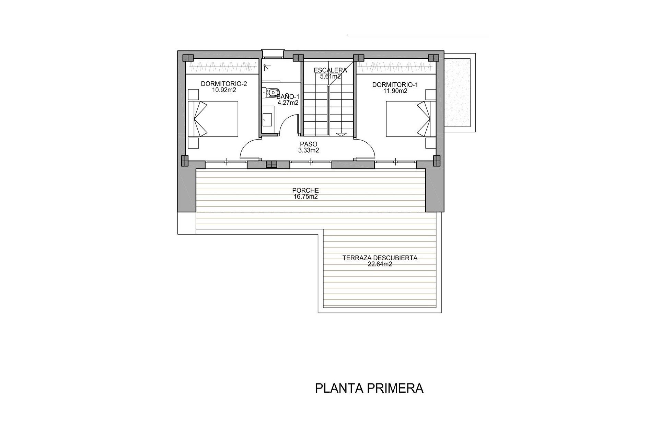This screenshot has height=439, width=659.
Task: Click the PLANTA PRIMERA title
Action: pyautogui.click(x=369, y=389)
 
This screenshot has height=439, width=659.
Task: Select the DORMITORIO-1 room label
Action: pyautogui.click(x=395, y=85)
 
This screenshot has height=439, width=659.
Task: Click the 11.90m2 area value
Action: pyautogui.click(x=395, y=91)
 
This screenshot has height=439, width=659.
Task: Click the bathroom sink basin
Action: pyautogui.click(x=267, y=120)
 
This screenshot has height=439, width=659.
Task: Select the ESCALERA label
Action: pyautogui.click(x=331, y=71)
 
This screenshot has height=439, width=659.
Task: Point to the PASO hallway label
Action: pyautogui.click(x=309, y=144)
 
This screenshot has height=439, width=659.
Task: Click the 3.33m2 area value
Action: pyautogui.click(x=309, y=150)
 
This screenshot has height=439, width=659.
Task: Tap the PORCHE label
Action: pyautogui.click(x=305, y=190)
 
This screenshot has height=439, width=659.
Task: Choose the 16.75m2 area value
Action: pyautogui.click(x=305, y=197)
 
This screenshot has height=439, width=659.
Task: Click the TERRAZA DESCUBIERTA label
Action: pyautogui.click(x=380, y=258)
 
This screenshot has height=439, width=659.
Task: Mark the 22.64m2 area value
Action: pyautogui.click(x=380, y=264)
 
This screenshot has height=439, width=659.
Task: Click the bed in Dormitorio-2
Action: pyautogui.click(x=213, y=118)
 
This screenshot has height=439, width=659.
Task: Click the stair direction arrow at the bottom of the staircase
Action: pyautogui.click(x=341, y=134)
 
